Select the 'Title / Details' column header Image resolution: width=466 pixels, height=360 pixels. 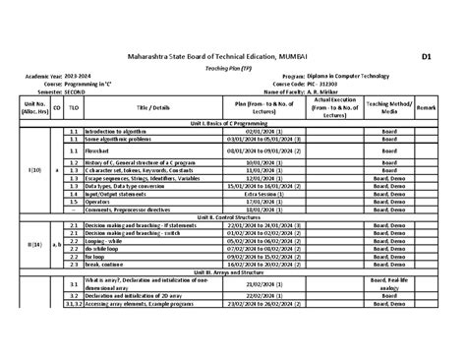153,105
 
